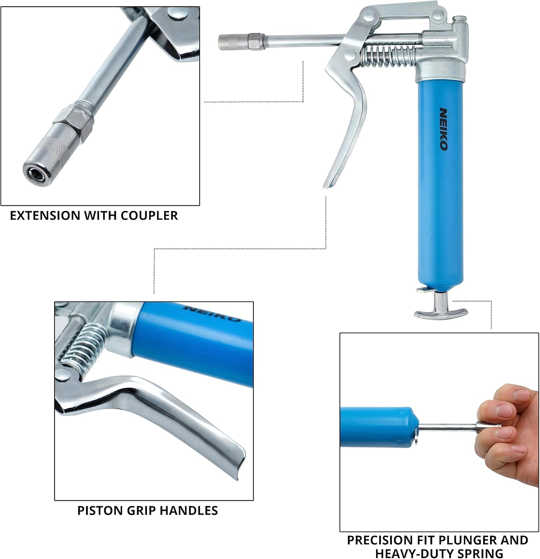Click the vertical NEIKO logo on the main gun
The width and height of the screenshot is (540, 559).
(443, 129)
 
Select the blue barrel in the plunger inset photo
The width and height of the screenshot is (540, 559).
(376, 425)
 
